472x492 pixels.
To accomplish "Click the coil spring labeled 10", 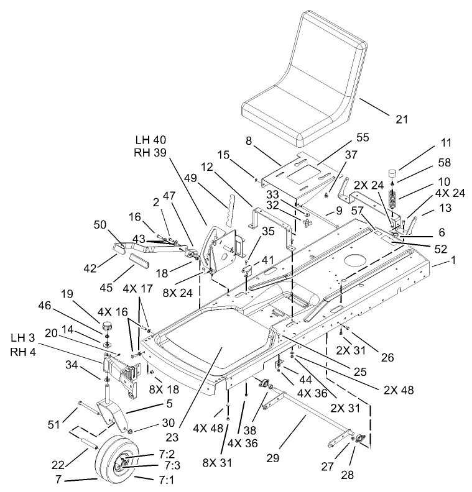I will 392,200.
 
